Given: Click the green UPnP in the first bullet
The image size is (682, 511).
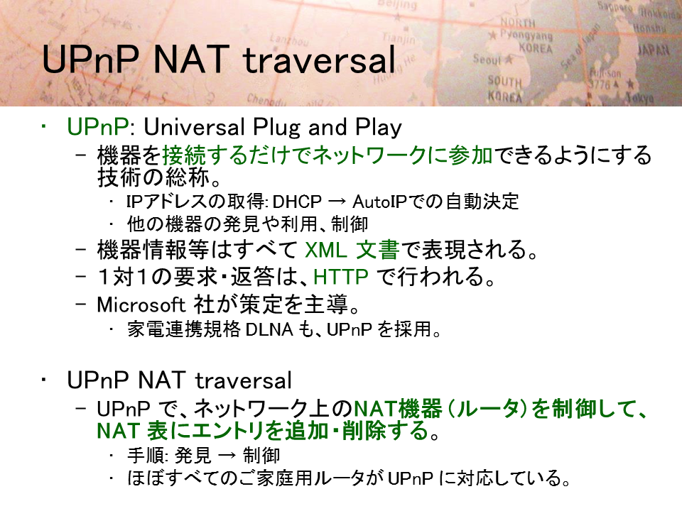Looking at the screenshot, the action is coord(98,127).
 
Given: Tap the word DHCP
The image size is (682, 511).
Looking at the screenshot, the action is coord(297,202).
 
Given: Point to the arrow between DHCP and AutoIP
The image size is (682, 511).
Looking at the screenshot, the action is coord(337,202).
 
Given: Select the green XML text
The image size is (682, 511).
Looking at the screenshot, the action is coord(326,250).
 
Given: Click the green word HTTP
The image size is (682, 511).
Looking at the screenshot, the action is coord(340,277).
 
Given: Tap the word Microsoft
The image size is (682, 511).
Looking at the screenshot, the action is coord(141,304).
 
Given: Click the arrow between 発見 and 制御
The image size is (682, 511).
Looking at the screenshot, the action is coord(227,456).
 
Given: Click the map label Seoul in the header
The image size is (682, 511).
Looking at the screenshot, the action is coord(487,59).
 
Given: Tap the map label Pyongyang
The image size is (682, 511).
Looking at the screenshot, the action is coord(526,34).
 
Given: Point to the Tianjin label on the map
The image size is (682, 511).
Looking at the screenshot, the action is coord(399,38).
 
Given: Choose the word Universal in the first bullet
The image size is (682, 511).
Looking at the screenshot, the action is coord(194,127).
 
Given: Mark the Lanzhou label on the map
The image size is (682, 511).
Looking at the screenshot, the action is coord(289,40).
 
